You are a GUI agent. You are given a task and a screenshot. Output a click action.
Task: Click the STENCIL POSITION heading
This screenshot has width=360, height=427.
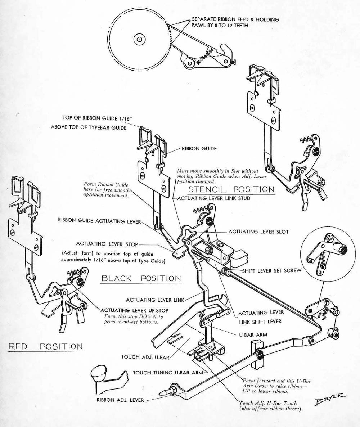pyautogui.click(x=231, y=189)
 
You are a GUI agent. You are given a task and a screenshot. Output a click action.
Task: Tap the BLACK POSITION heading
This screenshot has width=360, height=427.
pyautogui.click(x=141, y=278)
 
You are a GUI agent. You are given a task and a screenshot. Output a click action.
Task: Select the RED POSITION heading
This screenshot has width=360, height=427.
pyautogui.click(x=45, y=346)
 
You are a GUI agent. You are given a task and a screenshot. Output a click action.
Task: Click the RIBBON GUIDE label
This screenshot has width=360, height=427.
pyautogui.click(x=199, y=149)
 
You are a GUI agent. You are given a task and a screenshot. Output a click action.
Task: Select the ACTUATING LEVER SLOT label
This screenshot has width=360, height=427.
pyautogui.click(x=258, y=232)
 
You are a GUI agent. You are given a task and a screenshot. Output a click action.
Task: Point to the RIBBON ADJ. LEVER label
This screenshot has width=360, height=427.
pyautogui.click(x=120, y=400)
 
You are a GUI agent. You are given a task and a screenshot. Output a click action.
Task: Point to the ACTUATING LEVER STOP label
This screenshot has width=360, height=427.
pyautogui.click(x=107, y=244)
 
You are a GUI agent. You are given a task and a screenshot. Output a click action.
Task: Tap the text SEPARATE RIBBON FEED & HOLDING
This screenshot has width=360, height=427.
pyautogui.click(x=235, y=19)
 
